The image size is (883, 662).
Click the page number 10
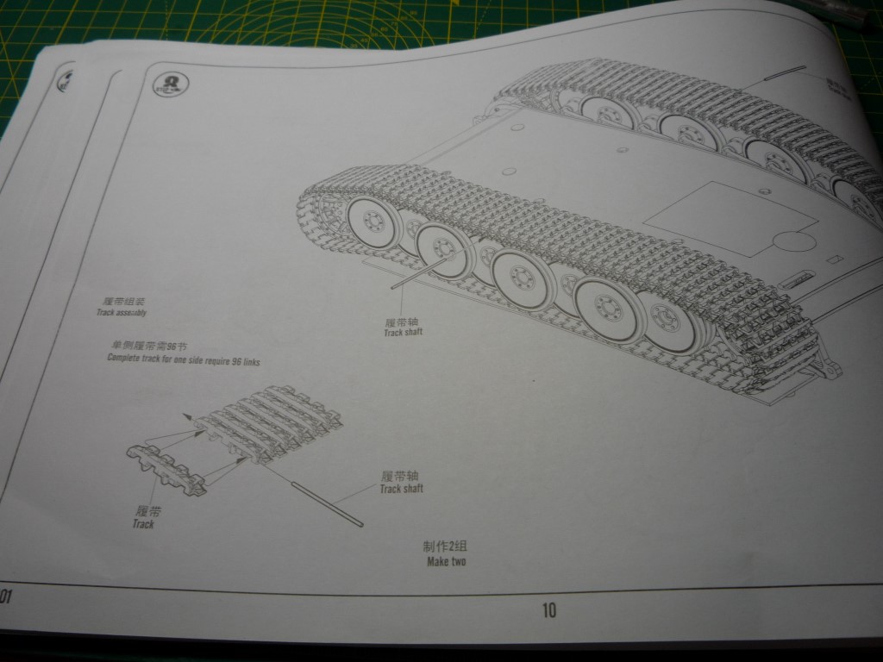549,610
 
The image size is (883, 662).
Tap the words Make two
446,562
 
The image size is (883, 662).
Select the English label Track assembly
122,312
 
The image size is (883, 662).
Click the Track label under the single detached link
143,524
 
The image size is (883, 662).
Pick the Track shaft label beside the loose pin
401,489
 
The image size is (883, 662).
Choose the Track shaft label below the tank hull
404,333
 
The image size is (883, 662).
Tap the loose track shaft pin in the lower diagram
328,504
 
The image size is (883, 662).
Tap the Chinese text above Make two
444,547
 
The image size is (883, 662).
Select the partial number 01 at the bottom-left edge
5,596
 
